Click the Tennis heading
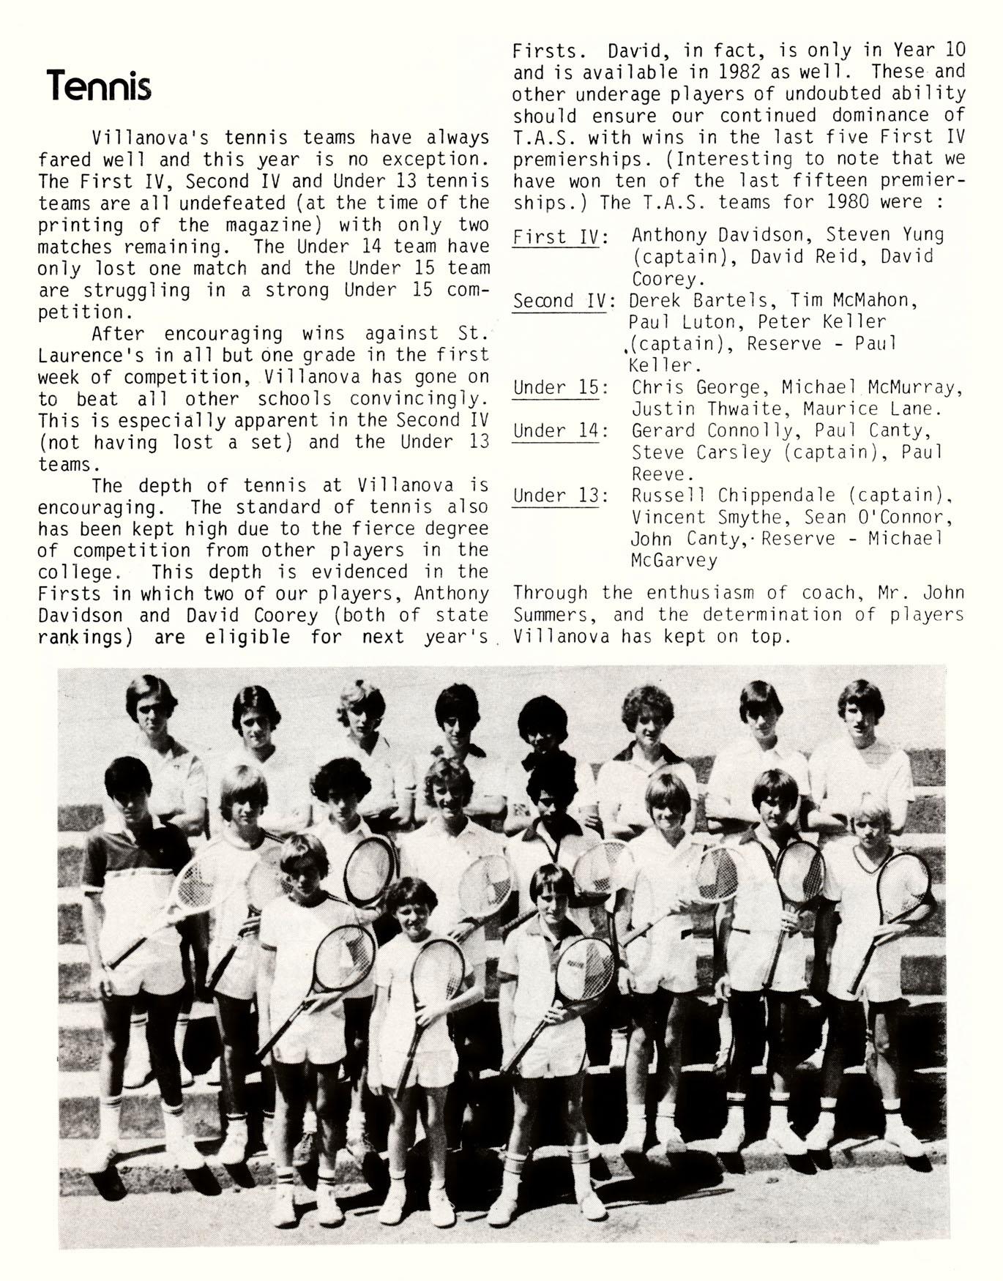[98, 86]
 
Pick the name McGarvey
[674, 560]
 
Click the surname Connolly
[754, 430]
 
